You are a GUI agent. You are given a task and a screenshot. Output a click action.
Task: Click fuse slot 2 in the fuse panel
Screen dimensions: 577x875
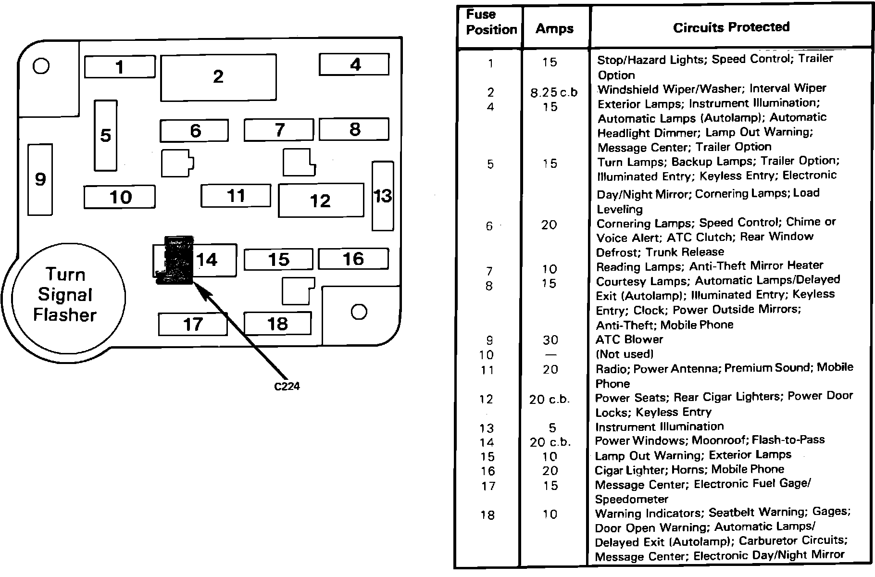218,77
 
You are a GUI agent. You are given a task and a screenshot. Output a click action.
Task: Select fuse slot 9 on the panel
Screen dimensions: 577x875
40,179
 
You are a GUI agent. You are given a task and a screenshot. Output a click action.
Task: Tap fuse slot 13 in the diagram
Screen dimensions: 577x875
383,196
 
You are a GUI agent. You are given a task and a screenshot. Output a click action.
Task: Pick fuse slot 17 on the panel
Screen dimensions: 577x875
193,325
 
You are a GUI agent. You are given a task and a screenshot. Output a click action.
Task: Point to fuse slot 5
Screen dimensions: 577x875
106,136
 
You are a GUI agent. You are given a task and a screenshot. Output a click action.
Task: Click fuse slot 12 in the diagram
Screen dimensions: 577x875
321,201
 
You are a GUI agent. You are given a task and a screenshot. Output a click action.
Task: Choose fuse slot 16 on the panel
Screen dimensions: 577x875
353,259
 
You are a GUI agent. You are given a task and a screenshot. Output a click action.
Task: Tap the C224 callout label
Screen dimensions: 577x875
287,386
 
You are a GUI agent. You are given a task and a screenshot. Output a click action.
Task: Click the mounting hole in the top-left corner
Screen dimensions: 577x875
41,65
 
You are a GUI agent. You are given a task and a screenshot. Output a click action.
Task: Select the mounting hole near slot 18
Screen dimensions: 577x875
359,312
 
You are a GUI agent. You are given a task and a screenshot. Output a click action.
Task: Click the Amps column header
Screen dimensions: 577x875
554,29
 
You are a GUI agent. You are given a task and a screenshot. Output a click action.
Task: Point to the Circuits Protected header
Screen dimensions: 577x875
731,27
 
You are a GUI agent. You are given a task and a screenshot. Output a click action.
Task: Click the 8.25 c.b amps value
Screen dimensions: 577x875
554,92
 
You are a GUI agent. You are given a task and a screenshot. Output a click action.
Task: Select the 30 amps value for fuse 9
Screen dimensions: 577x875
550,340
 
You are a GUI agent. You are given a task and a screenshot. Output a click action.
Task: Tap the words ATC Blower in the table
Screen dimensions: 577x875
629,339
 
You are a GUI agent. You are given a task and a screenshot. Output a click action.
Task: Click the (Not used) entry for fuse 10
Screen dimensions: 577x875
625,354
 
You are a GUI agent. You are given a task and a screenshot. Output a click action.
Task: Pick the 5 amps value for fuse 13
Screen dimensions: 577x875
552,428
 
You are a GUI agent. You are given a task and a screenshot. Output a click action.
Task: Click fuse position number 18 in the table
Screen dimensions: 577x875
487,515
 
